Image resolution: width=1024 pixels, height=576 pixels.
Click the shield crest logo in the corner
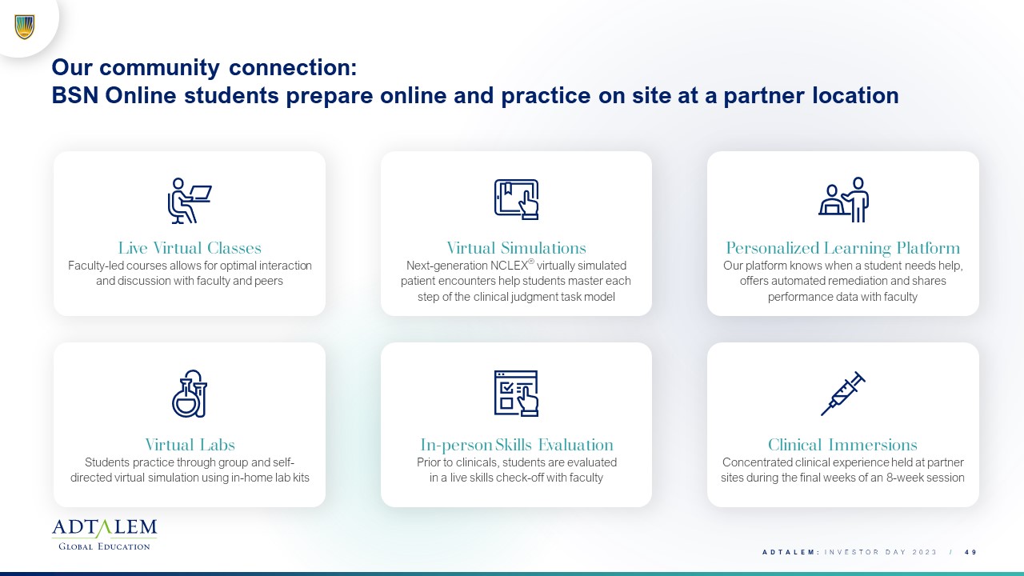[x=25, y=27]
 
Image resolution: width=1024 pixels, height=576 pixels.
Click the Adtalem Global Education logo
[x=104, y=534]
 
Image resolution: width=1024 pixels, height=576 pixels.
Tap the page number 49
[x=970, y=552]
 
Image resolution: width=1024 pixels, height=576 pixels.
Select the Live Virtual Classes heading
[x=190, y=248]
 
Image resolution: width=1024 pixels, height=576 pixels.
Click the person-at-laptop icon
[x=190, y=200]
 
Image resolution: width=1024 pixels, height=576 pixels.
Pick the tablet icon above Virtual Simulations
[x=516, y=199]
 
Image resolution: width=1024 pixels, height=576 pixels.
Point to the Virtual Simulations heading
[x=516, y=248]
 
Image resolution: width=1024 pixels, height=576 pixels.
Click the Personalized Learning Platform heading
[x=843, y=248]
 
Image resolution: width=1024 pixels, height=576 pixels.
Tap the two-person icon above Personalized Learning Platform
[x=843, y=200]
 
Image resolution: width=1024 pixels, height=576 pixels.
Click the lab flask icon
[x=190, y=394]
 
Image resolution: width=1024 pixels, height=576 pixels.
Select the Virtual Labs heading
[x=190, y=445]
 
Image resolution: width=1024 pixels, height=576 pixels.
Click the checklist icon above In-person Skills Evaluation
[x=516, y=393]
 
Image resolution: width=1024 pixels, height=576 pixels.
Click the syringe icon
[x=843, y=394]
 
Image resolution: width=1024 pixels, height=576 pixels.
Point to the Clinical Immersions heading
[x=842, y=445]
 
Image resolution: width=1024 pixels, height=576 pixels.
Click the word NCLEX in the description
[x=509, y=266]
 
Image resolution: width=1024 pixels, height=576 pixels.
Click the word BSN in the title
[x=75, y=95]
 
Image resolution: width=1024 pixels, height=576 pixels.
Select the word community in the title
[x=159, y=68]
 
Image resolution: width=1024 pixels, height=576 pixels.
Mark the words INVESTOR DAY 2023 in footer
[x=881, y=552]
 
